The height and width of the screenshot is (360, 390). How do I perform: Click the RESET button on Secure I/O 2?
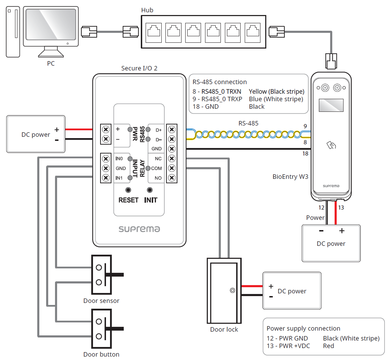tap(128, 190)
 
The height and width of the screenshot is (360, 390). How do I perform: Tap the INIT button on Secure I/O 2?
tap(150, 190)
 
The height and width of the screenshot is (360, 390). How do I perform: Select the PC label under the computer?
tap(51, 64)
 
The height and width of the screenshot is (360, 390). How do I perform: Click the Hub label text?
tap(147, 10)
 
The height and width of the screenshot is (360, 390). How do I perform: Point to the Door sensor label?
tap(101, 301)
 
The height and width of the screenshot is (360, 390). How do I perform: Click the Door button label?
tap(101, 354)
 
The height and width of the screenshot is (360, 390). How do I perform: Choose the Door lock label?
tap(224, 330)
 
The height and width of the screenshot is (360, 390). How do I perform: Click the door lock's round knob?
tap(232, 291)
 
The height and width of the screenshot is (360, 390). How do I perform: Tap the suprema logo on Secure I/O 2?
tap(139, 229)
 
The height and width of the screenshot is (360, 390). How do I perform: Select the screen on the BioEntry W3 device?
tap(331, 105)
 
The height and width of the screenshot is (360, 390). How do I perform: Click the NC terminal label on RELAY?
tap(158, 159)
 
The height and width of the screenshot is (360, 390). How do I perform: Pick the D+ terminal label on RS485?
tap(159, 130)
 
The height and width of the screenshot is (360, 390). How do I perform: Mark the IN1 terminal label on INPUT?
tap(119, 178)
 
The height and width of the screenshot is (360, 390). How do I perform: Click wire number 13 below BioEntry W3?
tap(341, 208)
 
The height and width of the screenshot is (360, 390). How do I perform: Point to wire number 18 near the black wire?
tap(305, 154)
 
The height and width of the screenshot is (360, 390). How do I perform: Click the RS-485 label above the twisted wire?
tap(248, 123)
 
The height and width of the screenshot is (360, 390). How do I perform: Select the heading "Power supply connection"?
tap(303, 329)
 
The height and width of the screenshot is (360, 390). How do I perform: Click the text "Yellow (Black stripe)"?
tap(277, 92)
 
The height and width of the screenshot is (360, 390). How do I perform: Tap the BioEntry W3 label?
tap(290, 177)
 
